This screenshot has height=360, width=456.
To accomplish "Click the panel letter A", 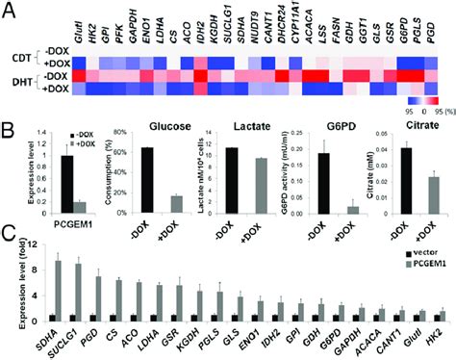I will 9,9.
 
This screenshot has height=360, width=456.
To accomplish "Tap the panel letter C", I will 8,232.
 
